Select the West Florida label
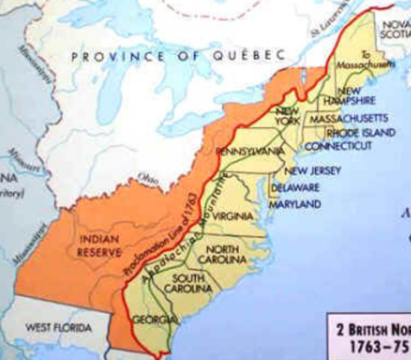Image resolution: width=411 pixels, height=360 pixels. (x=58, y=328)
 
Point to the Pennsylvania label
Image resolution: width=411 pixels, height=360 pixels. (x=250, y=151)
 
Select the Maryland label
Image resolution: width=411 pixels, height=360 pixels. (x=295, y=203)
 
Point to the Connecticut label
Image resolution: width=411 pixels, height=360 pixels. (x=337, y=145)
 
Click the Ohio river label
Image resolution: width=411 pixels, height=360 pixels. (x=146, y=178)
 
